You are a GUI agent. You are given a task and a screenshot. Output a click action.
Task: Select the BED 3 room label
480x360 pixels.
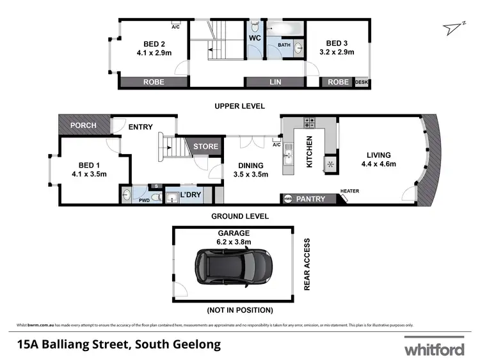[x=337, y=44]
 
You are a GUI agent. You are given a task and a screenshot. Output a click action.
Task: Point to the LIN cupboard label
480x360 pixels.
[x=276, y=82]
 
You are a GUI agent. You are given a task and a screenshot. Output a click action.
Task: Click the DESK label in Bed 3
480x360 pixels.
[x=362, y=82]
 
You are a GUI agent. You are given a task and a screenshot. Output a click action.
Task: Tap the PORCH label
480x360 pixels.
[x=83, y=125]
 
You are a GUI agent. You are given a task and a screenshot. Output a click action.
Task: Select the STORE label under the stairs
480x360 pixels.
[x=205, y=146]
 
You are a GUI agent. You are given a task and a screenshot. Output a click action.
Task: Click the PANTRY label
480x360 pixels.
[x=310, y=199]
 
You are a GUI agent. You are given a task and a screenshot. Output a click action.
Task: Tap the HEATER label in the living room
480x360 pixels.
[x=349, y=191]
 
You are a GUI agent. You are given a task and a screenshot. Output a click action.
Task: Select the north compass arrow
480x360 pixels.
[x=456, y=26]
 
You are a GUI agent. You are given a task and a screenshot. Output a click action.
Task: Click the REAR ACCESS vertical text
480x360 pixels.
[x=307, y=265]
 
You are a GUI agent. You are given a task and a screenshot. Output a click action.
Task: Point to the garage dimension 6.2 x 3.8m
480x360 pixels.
[x=233, y=242]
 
